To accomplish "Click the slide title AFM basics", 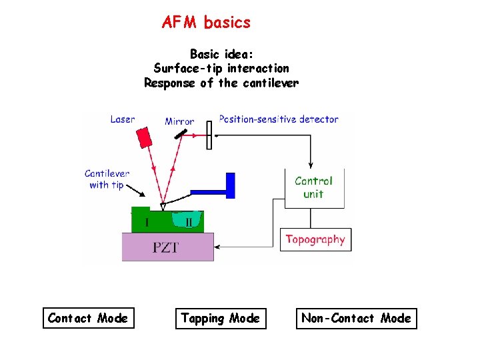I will pyautogui.click(x=206, y=23).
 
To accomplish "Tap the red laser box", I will pyautogui.click(x=144, y=137).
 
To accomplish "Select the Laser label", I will pyautogui.click(x=123, y=120).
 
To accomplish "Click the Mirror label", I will pyautogui.click(x=179, y=121).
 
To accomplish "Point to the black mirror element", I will pyautogui.click(x=181, y=133).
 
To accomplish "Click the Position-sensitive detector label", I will pyautogui.click(x=279, y=119).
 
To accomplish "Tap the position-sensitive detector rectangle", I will pyautogui.click(x=209, y=135).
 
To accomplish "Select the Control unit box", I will pyautogui.click(x=313, y=187).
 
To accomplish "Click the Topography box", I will pyautogui.click(x=315, y=239).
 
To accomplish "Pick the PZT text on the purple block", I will pyautogui.click(x=165, y=247).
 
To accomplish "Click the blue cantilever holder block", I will pyautogui.click(x=231, y=185).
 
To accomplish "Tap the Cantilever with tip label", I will pyautogui.click(x=107, y=179).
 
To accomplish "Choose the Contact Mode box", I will pyautogui.click(x=88, y=319).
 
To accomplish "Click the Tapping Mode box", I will pyautogui.click(x=221, y=319).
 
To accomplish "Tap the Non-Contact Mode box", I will pyautogui.click(x=356, y=319).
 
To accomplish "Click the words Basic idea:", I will pyautogui.click(x=221, y=53).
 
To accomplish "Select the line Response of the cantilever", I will pyautogui.click(x=221, y=83).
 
